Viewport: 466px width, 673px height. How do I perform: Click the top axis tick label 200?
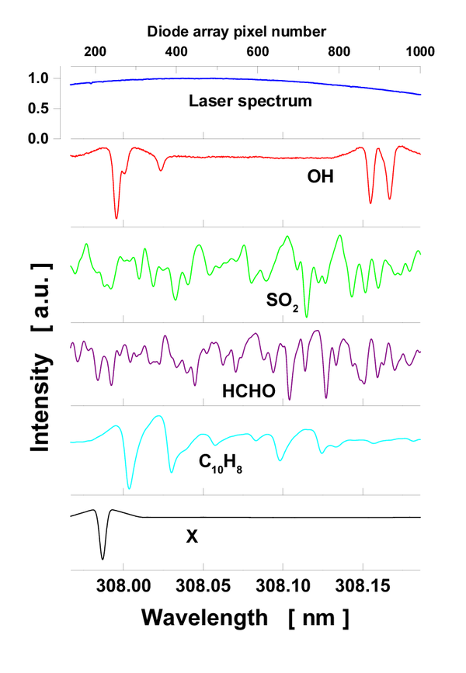pyautogui.click(x=95, y=52)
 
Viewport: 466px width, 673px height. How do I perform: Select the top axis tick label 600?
pyautogui.click(x=258, y=52)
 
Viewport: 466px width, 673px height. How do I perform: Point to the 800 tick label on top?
pyautogui.click(x=339, y=52)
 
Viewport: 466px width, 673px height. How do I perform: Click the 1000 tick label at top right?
pyautogui.click(x=418, y=52)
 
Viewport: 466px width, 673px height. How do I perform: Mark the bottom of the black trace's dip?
pyautogui.click(x=103, y=558)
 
